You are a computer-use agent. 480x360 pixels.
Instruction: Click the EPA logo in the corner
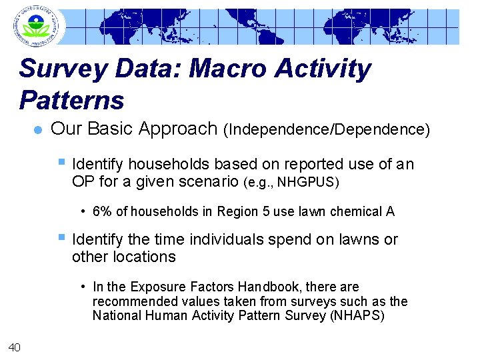[x=33, y=25]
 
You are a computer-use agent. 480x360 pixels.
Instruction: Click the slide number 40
[x=15, y=345]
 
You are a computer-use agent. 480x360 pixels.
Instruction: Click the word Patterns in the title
[x=72, y=100]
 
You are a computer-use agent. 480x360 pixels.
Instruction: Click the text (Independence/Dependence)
[x=327, y=129]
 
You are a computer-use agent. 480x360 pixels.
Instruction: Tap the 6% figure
[x=102, y=212]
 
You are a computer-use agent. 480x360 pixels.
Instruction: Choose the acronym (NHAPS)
[x=357, y=316]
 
